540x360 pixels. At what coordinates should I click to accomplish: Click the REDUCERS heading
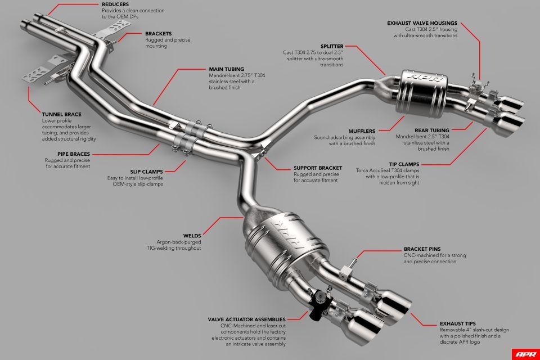[x=115, y=4]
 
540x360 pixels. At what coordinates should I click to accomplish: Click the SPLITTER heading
[x=332, y=46]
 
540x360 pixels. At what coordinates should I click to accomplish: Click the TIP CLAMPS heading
[x=431, y=164]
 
